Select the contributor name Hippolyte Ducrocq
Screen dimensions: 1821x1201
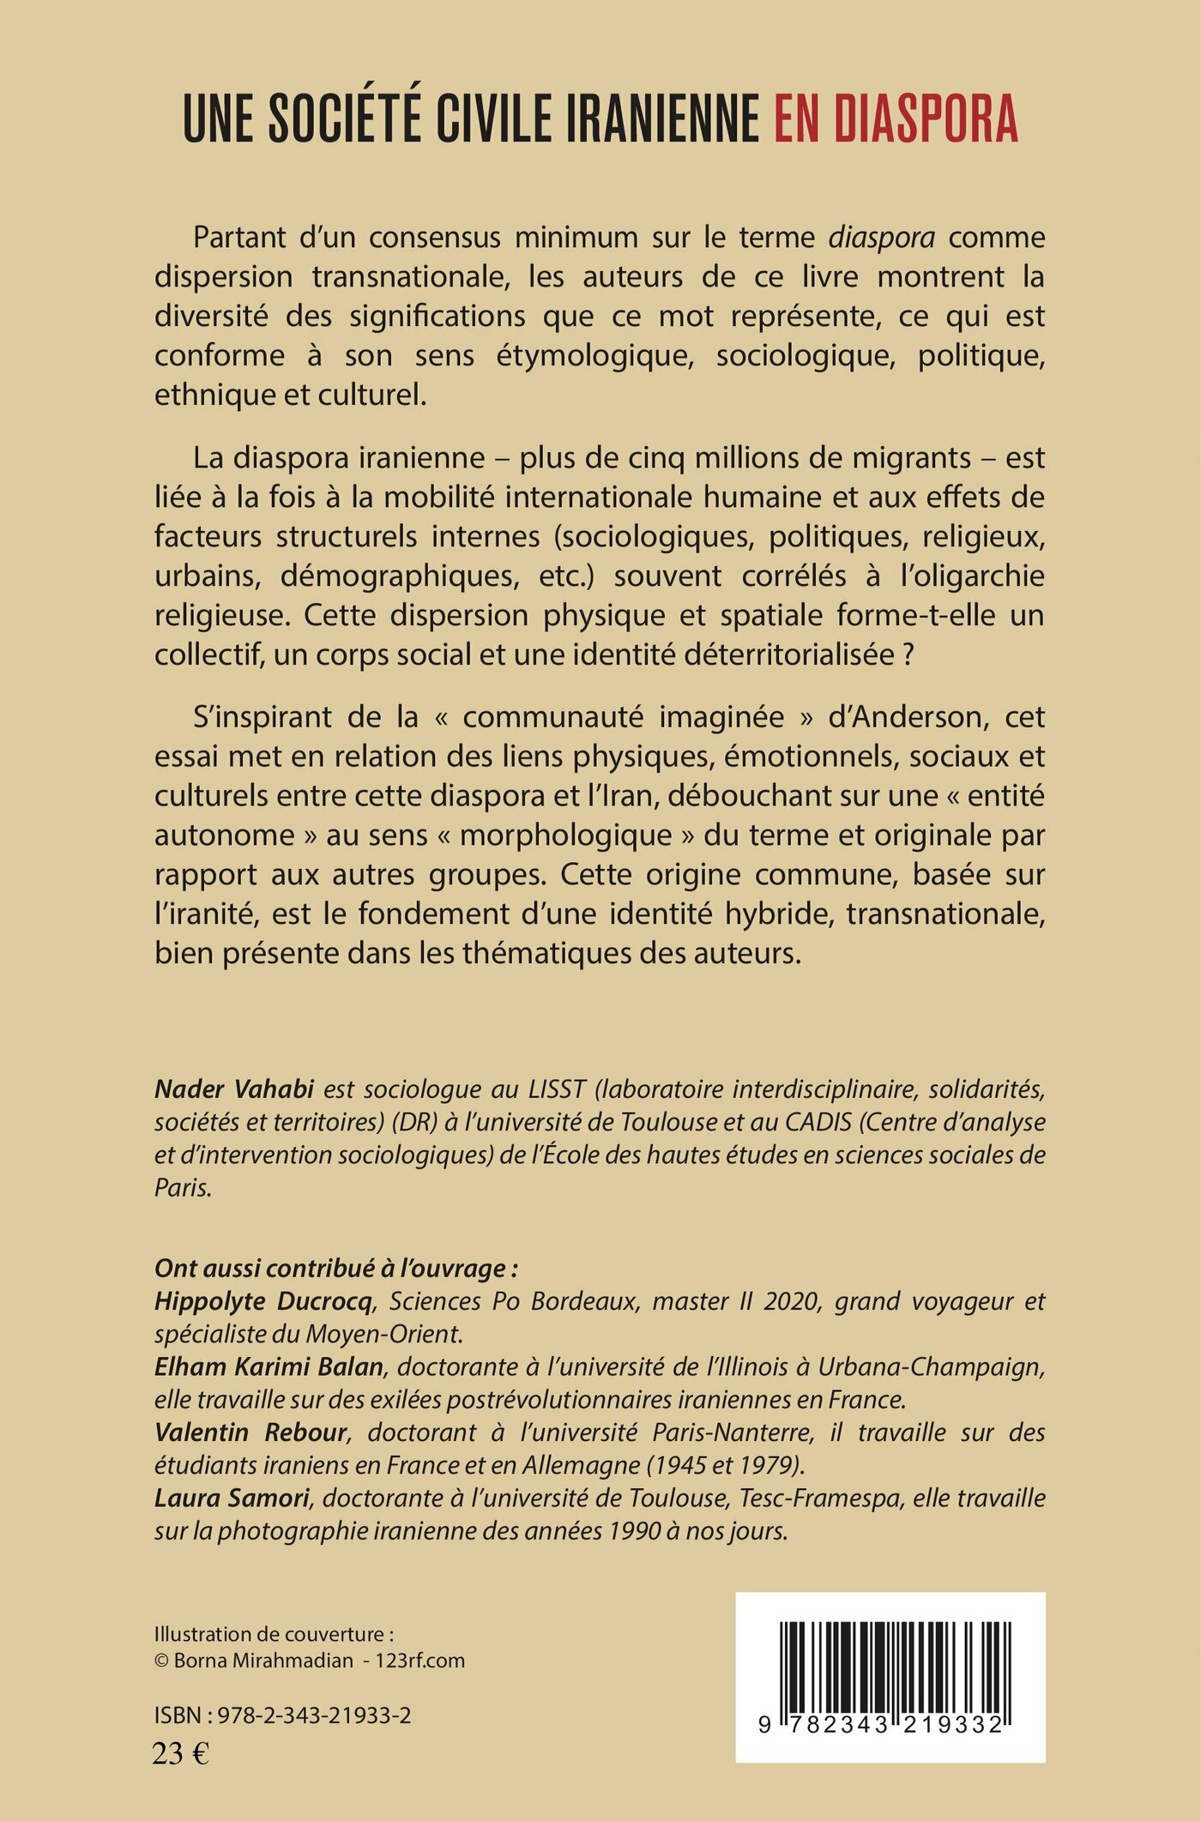[263, 1301]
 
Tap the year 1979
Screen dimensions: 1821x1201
[781, 1465]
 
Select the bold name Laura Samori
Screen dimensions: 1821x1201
[232, 1498]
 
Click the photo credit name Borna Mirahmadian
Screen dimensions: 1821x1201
[263, 1660]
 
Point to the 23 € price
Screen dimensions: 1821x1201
[180, 1754]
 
